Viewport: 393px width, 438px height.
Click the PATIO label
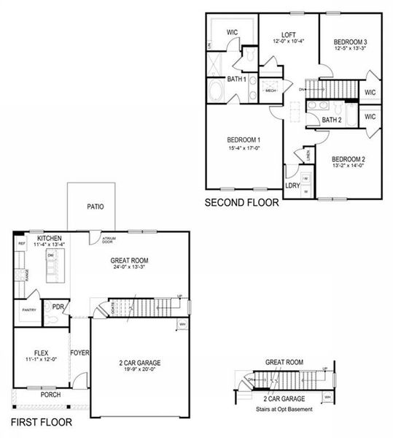95,207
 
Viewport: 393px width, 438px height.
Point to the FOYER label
79,353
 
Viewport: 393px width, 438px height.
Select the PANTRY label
28,310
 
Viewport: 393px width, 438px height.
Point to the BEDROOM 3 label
345,42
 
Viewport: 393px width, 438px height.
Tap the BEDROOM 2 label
347,159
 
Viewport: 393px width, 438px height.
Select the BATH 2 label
332,120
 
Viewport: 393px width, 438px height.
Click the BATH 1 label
235,78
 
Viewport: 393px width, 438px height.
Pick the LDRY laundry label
292,185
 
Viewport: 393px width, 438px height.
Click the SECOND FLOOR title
241,203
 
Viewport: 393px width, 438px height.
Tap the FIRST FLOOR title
42,423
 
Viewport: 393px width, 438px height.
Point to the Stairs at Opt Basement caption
284,409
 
